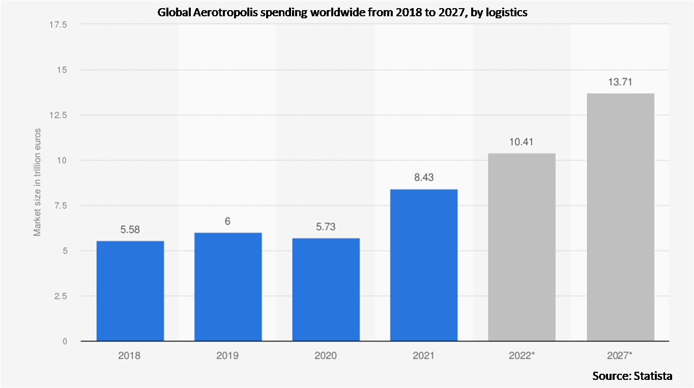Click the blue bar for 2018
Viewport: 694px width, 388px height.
tap(130, 291)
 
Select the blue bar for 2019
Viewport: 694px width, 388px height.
tap(228, 287)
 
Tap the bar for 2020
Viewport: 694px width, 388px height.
tap(326, 290)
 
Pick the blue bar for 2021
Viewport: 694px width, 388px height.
tap(424, 265)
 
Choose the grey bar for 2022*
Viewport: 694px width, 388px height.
tap(522, 247)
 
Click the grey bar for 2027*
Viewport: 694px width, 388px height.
tap(620, 217)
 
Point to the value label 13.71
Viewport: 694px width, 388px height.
tap(620, 82)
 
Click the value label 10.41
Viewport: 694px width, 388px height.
tap(522, 142)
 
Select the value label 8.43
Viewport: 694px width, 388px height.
tap(424, 178)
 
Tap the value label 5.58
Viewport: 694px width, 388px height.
tap(130, 230)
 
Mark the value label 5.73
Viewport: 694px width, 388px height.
tap(326, 227)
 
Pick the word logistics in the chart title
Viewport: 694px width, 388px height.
tap(506, 13)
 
